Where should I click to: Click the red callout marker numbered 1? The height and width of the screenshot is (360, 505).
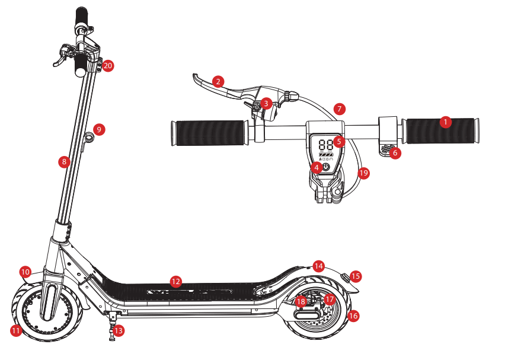tap(446, 122)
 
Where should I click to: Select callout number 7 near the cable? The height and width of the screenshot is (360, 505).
tap(339, 109)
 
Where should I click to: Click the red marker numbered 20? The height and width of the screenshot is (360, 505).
tap(107, 66)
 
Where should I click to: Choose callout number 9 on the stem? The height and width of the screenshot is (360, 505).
tap(99, 129)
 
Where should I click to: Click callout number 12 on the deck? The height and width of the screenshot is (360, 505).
tap(175, 281)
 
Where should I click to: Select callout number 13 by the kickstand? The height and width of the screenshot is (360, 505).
tap(119, 331)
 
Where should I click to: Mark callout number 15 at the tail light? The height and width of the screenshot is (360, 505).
tap(355, 276)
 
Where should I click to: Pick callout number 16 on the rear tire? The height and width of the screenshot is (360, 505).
tap(353, 316)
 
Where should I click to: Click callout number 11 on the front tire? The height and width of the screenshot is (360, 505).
tap(16, 331)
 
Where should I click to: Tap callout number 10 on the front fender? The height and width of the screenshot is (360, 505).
tap(25, 272)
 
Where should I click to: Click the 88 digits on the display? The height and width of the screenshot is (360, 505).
tap(325, 144)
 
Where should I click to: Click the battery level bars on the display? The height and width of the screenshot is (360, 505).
tap(326, 154)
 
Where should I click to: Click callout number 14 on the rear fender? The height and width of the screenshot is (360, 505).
tap(319, 266)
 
